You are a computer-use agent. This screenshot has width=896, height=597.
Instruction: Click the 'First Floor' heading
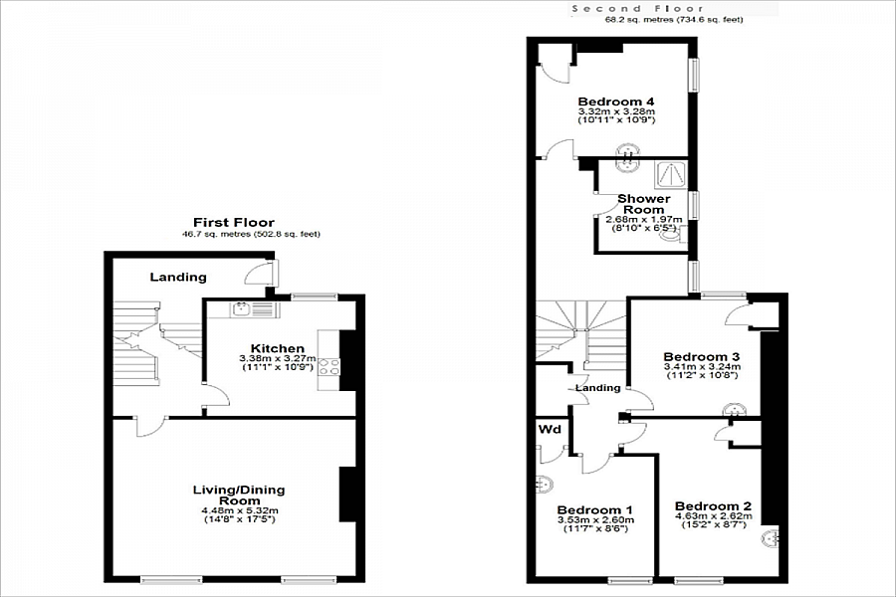click(234, 222)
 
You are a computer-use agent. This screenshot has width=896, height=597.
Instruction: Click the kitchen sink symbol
click(242, 309)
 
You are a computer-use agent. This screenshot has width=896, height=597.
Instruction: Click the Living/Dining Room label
click(238, 495)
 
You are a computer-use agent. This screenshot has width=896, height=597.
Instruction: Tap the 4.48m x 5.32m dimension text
click(238, 510)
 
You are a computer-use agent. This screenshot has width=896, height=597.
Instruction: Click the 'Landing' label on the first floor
click(178, 277)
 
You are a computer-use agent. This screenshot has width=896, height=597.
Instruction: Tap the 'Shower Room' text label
click(643, 204)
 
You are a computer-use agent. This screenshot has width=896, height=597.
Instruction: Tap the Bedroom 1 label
click(594, 505)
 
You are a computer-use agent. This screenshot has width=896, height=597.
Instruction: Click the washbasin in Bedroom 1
click(543, 485)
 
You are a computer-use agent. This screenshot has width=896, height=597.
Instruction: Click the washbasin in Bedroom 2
click(771, 538)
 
